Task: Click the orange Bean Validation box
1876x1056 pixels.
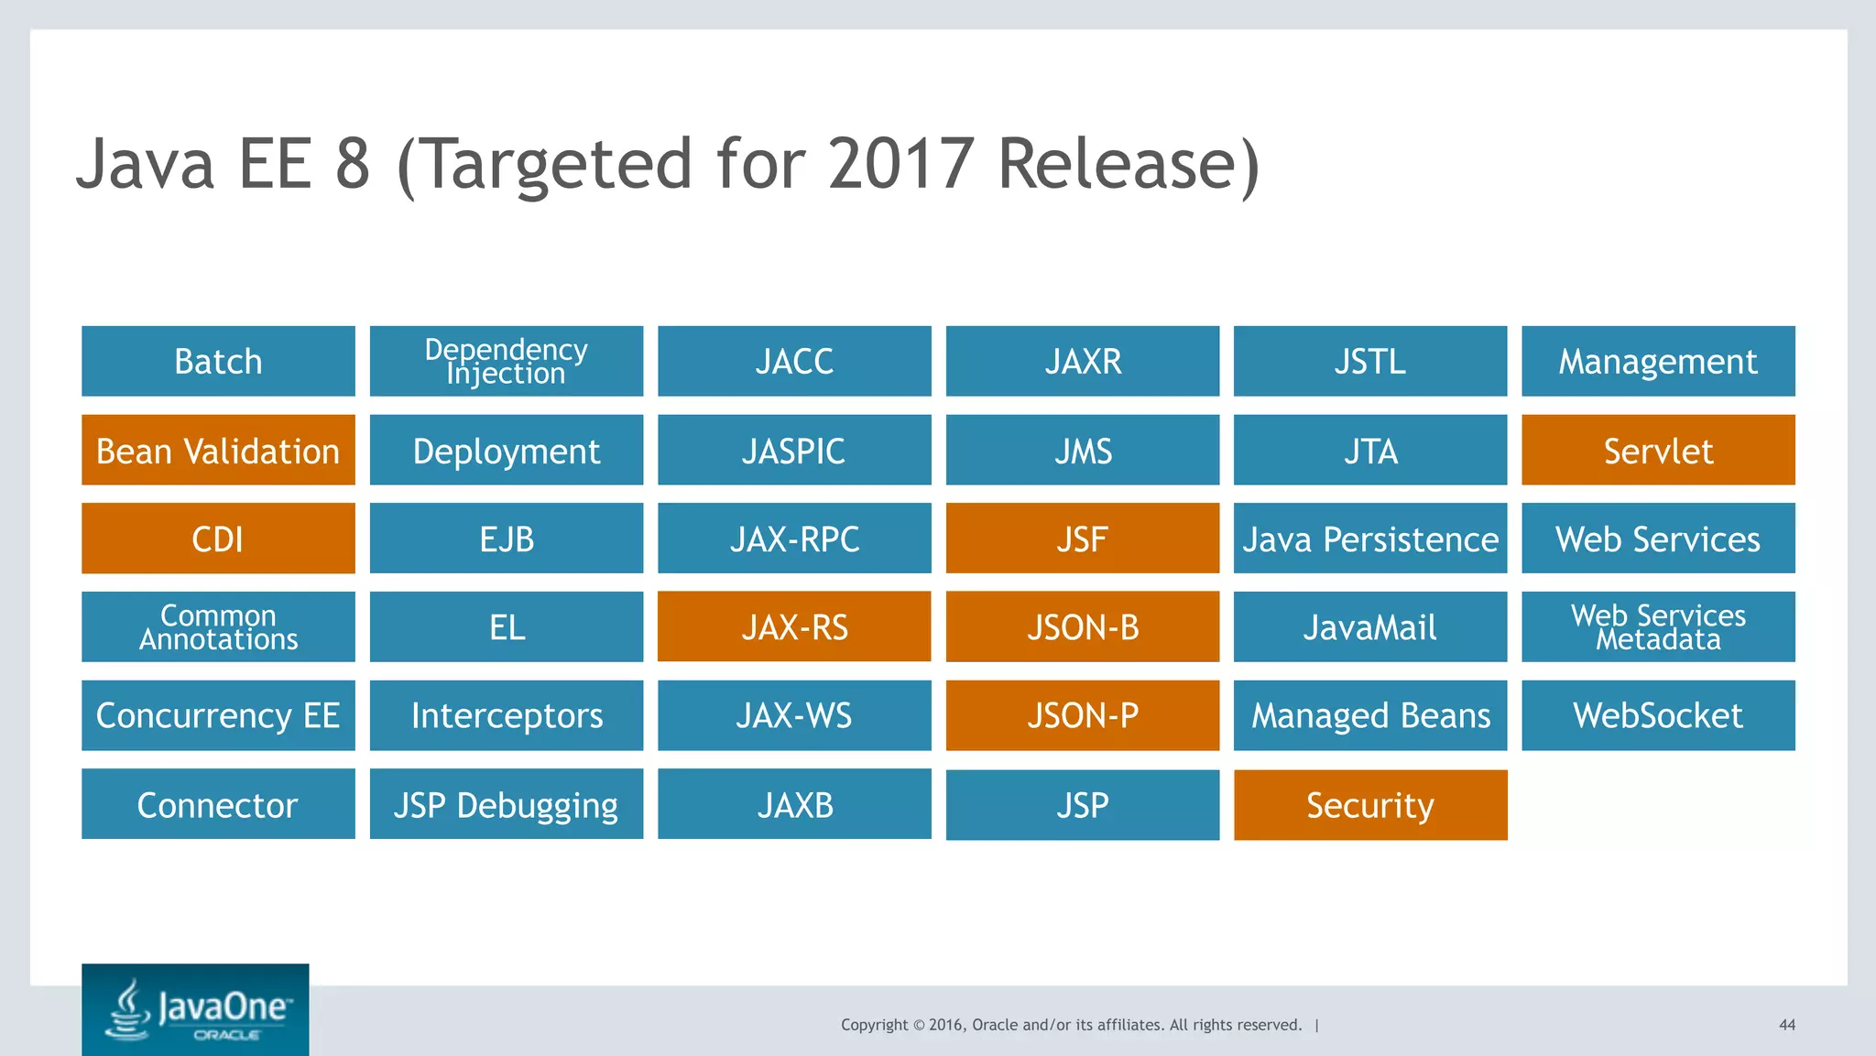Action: (x=218, y=450)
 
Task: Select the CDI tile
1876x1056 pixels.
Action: (x=218, y=539)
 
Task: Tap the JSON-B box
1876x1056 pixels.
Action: (x=1082, y=626)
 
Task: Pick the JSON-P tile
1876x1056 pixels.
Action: (x=1082, y=715)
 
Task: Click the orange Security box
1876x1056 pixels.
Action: (x=1369, y=805)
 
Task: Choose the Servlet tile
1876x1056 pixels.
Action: (x=1658, y=450)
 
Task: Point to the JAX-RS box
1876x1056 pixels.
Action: (x=794, y=626)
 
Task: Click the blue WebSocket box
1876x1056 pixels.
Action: (x=1658, y=715)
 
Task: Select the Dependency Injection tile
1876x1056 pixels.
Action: (x=506, y=361)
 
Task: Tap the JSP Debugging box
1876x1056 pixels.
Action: (x=506, y=804)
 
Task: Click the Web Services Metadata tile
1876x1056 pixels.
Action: (x=1658, y=626)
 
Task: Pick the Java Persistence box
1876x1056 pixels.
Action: (x=1369, y=539)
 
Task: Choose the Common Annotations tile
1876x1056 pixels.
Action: (x=218, y=626)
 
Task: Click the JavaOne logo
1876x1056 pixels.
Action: (x=195, y=1009)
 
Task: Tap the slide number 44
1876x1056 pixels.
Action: (x=1786, y=1025)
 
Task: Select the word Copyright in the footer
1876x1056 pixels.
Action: (x=874, y=1025)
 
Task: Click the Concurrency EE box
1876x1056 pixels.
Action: (x=218, y=715)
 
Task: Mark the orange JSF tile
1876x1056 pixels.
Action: (x=1082, y=539)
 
